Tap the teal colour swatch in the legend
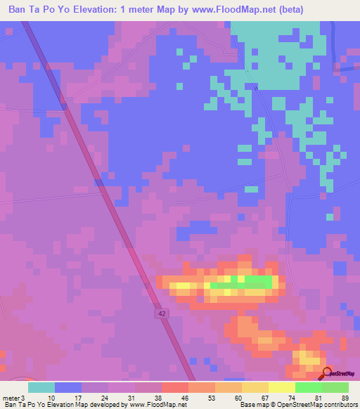tap(41, 387)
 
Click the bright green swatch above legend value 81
tap(308, 387)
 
